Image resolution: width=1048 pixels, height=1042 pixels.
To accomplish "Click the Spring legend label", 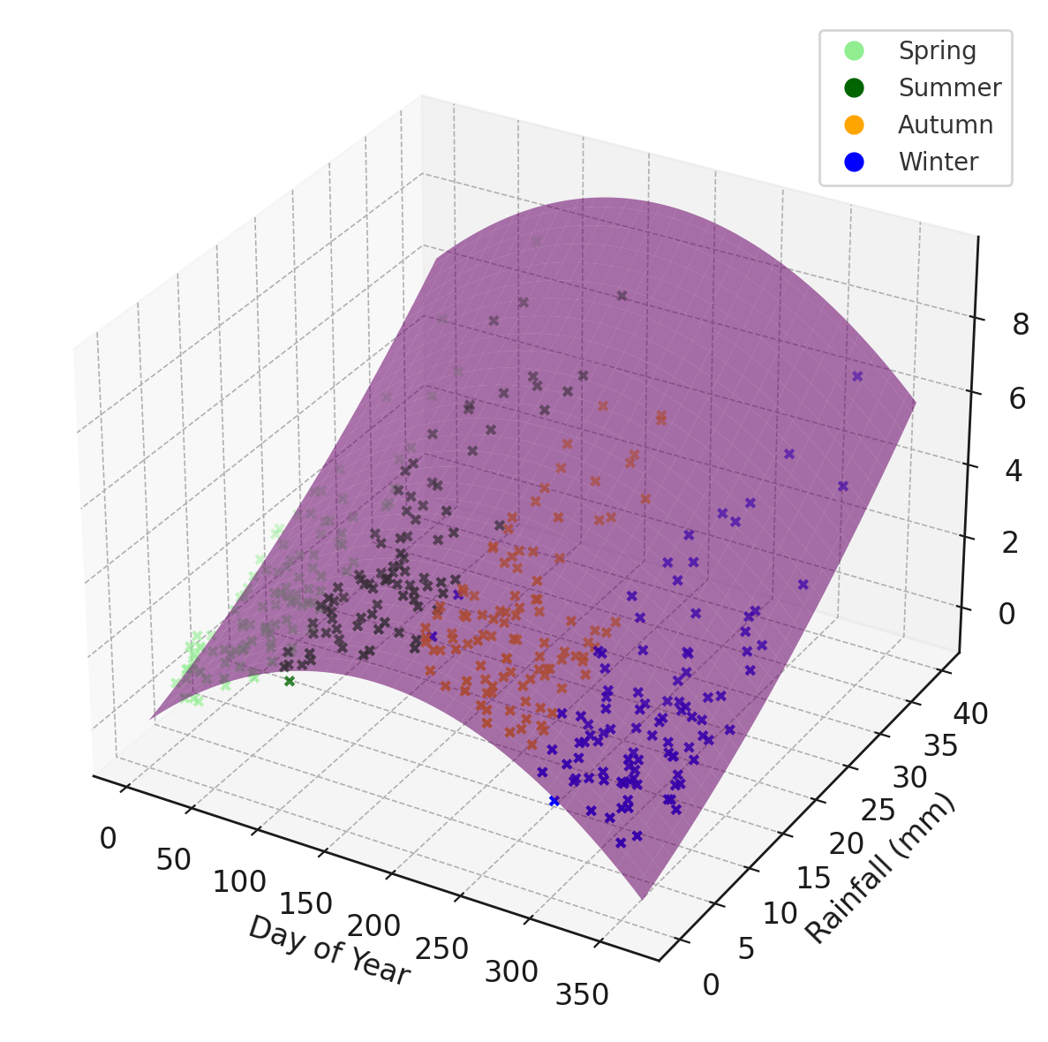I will pyautogui.click(x=937, y=51).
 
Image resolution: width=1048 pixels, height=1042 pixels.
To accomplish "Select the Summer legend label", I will pyautogui.click(x=949, y=88).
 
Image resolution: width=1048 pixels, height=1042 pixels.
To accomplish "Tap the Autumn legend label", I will pyautogui.click(x=945, y=125).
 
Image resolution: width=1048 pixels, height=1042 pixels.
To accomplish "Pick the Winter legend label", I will pyautogui.click(x=938, y=162).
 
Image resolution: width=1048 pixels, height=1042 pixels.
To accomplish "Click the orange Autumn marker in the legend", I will pyautogui.click(x=854, y=125).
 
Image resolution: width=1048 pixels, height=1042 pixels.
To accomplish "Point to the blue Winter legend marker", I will pyautogui.click(x=854, y=162).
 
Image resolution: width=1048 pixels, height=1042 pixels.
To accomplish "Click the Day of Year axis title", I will pyautogui.click(x=328, y=950).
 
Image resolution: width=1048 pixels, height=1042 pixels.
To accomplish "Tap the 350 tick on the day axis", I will pyautogui.click(x=582, y=995).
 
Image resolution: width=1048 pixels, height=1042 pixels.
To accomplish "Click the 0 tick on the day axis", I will pyautogui.click(x=108, y=838).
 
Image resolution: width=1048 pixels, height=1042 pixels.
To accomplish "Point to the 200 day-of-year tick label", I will pyautogui.click(x=373, y=926).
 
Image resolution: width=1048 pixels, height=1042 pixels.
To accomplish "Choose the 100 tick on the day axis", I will pyautogui.click(x=239, y=881).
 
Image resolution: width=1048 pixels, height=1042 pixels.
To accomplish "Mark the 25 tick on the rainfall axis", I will pyautogui.click(x=878, y=810).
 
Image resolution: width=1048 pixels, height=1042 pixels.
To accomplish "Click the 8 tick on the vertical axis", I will pyautogui.click(x=1021, y=326).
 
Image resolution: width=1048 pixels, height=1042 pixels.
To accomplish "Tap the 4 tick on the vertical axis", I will pyautogui.click(x=1014, y=472).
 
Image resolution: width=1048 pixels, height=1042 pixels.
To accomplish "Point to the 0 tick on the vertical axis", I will pyautogui.click(x=1007, y=614).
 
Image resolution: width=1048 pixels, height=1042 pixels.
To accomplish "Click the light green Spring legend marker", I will pyautogui.click(x=854, y=51).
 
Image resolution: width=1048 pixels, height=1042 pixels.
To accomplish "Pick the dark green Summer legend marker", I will pyautogui.click(x=854, y=88).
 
